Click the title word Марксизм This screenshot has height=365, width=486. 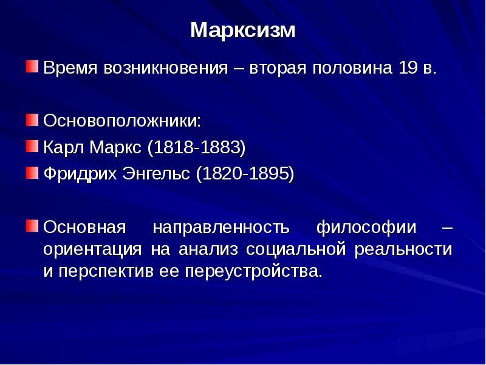(x=243, y=30)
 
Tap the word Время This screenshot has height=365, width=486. (x=70, y=68)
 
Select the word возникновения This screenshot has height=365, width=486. (x=166, y=68)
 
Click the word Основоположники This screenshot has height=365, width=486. (x=122, y=120)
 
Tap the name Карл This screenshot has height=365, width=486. (x=64, y=147)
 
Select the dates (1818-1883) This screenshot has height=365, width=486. (x=196, y=147)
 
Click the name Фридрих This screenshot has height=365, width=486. (x=80, y=173)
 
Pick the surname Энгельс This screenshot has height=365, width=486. (x=156, y=173)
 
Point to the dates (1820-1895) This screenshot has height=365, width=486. (x=245, y=174)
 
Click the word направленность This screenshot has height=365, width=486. (x=221, y=227)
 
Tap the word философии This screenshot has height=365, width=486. (x=366, y=227)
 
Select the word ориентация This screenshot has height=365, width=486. (x=93, y=249)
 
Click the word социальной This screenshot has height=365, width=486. (x=296, y=249)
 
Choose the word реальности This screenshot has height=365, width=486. (x=403, y=249)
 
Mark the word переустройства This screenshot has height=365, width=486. (x=254, y=271)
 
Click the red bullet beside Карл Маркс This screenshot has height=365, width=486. (x=32, y=146)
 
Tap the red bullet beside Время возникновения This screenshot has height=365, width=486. (x=32, y=66)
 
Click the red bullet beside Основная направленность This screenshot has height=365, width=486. (x=32, y=226)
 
